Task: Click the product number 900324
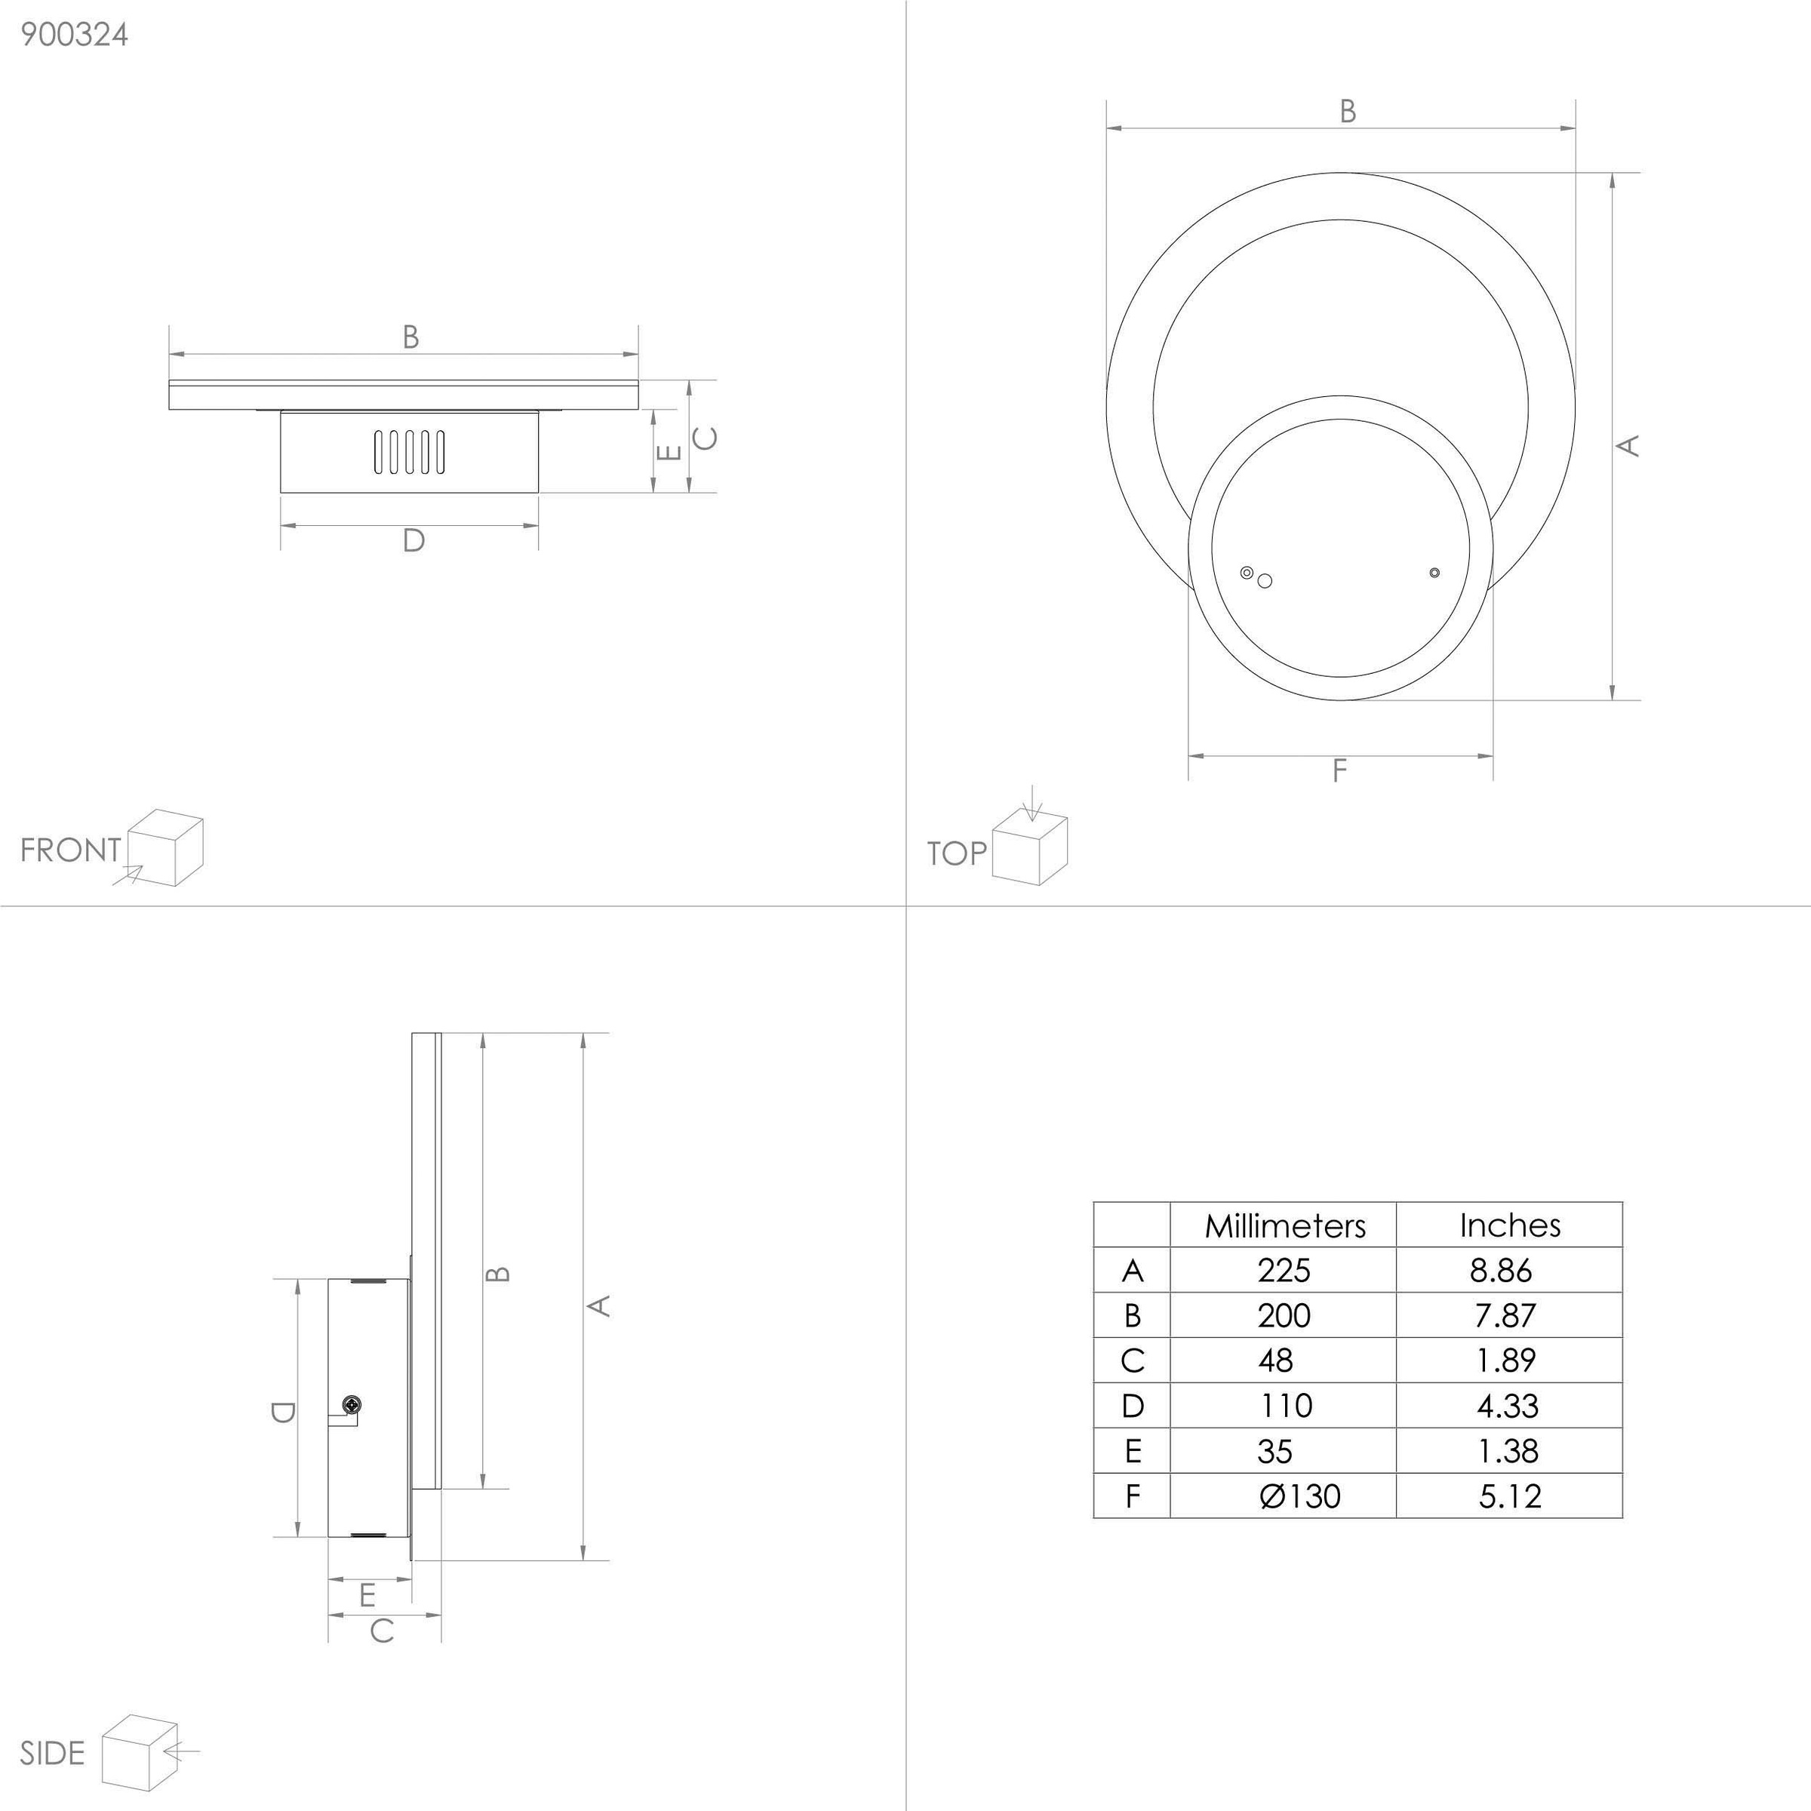click(x=74, y=35)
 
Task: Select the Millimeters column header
click(x=1284, y=1225)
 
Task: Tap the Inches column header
click(x=1509, y=1225)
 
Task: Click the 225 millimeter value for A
click(x=1284, y=1270)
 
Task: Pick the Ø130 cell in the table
click(x=1300, y=1496)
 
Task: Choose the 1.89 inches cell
click(x=1505, y=1360)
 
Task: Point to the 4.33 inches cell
click(x=1508, y=1405)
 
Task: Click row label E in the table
click(x=1133, y=1451)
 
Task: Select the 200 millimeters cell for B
click(x=1284, y=1315)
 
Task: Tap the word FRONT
click(x=70, y=850)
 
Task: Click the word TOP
click(x=956, y=853)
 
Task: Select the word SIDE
click(x=53, y=1753)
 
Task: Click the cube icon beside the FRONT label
click(x=165, y=847)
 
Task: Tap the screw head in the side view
click(x=352, y=1404)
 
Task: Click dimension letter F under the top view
click(x=1339, y=770)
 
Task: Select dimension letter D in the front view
click(x=413, y=540)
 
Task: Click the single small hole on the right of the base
click(x=1434, y=572)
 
